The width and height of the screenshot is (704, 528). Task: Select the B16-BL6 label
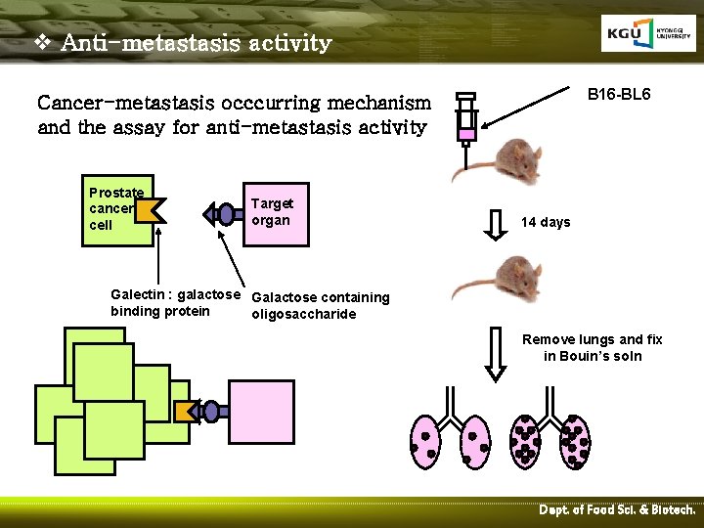619,95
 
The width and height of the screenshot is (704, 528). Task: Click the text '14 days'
546,222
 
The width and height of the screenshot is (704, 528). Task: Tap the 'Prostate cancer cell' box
115,209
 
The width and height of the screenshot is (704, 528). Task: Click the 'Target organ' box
271,212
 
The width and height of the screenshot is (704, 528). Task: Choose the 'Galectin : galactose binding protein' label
175,303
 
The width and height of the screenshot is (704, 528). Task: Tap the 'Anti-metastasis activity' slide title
196,44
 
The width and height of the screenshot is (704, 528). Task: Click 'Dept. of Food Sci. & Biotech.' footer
617,510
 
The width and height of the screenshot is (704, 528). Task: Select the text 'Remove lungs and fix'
592,339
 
